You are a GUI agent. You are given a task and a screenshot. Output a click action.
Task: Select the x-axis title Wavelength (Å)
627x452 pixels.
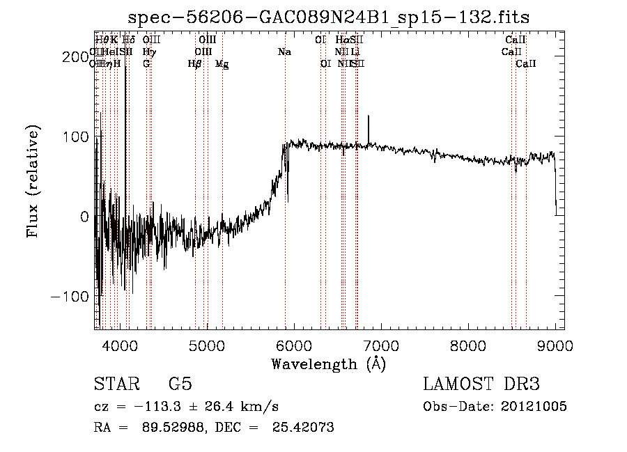pos(328,364)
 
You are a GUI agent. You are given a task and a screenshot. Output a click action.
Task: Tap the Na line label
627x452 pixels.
pos(284,52)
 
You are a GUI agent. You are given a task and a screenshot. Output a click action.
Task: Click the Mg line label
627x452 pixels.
pos(222,64)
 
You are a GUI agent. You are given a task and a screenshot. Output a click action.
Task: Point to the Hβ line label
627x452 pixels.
pos(194,64)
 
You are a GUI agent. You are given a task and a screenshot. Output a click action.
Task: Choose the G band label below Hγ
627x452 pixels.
pos(146,64)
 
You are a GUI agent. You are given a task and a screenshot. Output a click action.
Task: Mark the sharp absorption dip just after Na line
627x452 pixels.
pos(288,188)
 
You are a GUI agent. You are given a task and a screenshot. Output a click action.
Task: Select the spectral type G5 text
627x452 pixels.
pos(180,385)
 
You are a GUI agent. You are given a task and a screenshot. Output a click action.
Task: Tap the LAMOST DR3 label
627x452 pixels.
pos(481,385)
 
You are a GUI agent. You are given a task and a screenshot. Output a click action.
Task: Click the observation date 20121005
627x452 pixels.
pos(534,407)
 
